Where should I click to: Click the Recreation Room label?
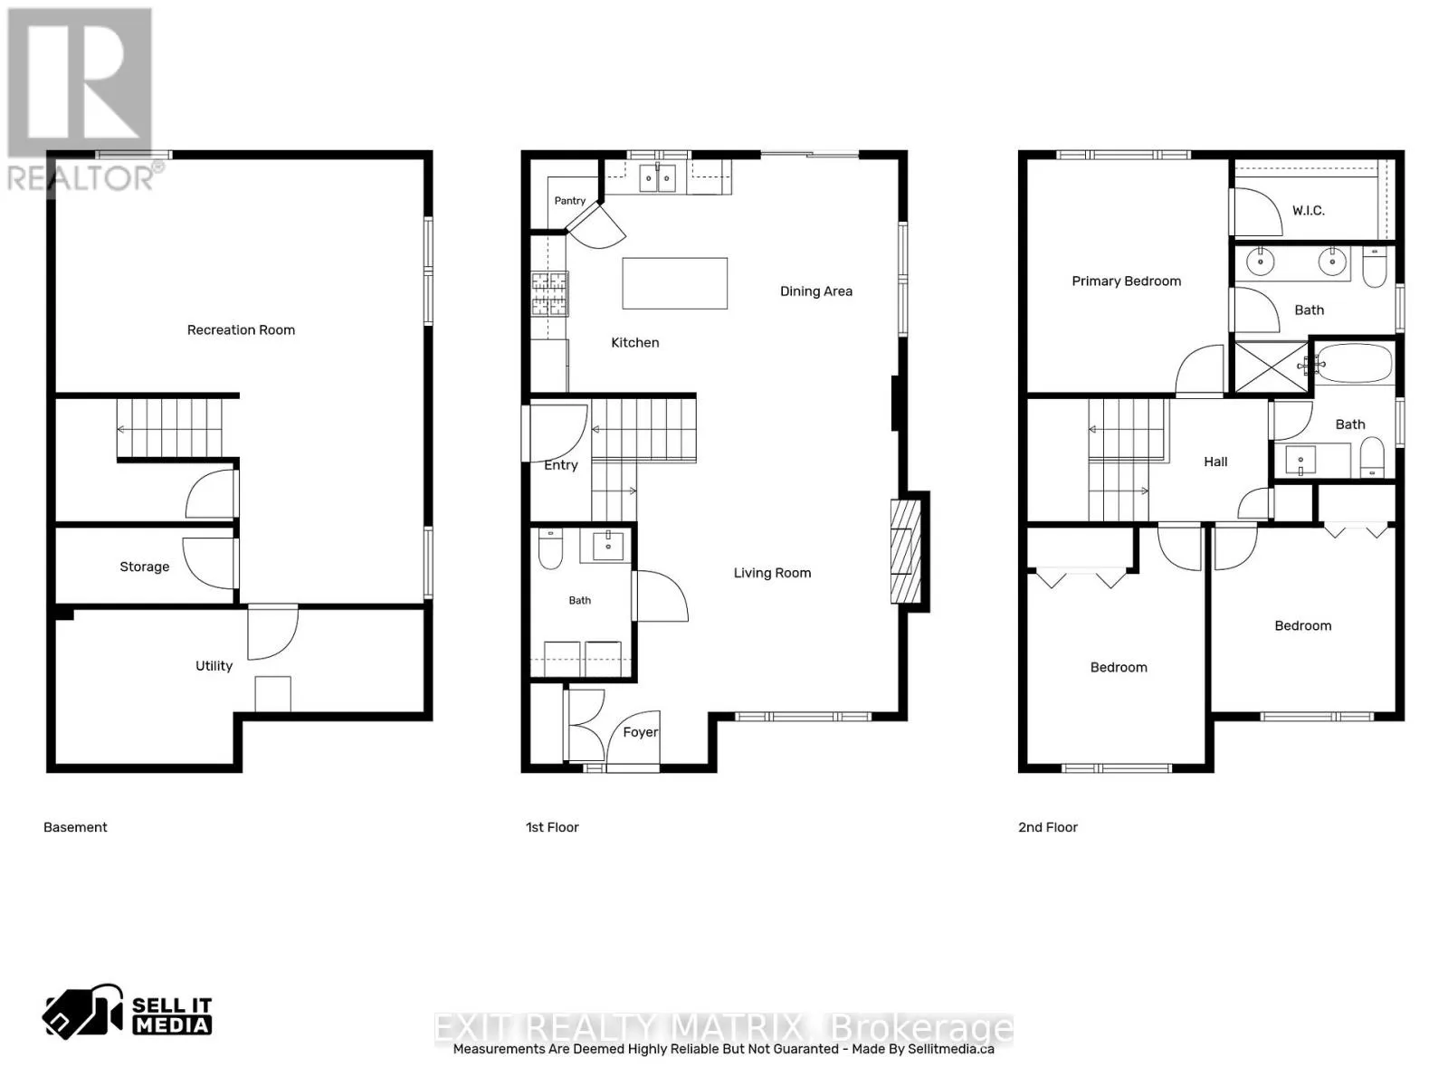(241, 329)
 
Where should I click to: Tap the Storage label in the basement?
(145, 567)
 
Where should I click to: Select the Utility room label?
(214, 666)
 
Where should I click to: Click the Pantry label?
(570, 200)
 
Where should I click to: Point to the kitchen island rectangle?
(675, 283)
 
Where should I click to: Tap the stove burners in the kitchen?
(549, 294)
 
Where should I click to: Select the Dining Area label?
(816, 291)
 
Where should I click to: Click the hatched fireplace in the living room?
(905, 552)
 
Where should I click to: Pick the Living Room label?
(773, 573)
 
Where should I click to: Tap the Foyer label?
(641, 732)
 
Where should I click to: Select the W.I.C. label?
(1308, 210)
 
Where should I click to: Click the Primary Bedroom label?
(1126, 281)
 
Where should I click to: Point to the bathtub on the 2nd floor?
(1353, 363)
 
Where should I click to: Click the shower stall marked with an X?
(1272, 367)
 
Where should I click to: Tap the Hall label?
(1215, 462)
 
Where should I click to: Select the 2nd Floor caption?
(1048, 827)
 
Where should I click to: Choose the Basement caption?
(75, 827)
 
